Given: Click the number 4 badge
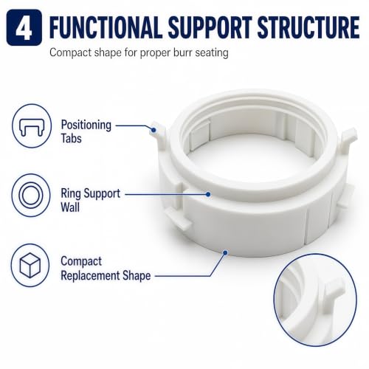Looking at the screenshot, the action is tap(24, 27).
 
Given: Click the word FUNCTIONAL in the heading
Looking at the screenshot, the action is tap(106, 27).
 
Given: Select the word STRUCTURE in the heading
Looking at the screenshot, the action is tap(308, 27).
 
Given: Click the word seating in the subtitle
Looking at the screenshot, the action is tap(212, 53).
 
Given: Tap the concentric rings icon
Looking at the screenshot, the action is tap(31, 196).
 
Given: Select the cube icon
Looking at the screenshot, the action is tap(30, 265).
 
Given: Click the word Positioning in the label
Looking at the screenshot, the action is tap(86, 125).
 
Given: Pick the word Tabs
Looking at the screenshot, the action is tap(71, 138).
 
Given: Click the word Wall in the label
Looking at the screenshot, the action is tap(70, 207).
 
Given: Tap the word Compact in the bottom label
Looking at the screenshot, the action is tap(81, 262).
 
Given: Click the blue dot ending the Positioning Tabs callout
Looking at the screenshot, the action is tap(154, 130).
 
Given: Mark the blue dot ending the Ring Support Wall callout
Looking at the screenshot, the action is tap(208, 194).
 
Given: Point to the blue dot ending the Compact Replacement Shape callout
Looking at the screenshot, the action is tap(225, 252).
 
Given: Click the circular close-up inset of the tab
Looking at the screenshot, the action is tap(315, 300).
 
